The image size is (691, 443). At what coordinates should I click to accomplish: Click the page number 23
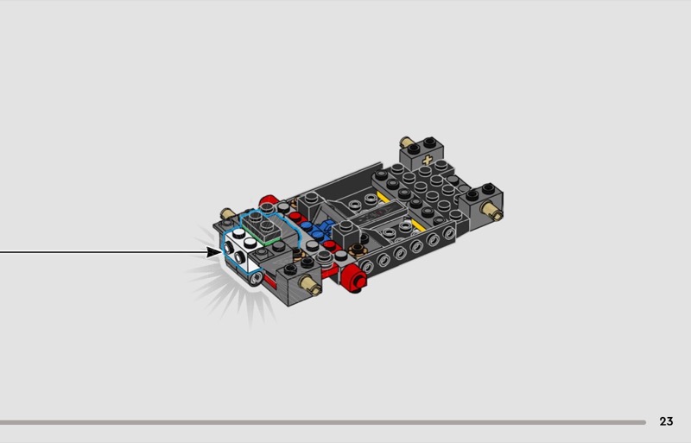tap(666, 421)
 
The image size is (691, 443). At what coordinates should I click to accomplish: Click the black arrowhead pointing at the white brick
tap(213, 252)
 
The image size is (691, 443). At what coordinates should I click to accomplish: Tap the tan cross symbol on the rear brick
tap(427, 160)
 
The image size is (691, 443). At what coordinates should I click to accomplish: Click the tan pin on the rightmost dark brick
tap(492, 210)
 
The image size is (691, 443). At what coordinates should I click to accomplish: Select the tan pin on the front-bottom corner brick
tap(309, 285)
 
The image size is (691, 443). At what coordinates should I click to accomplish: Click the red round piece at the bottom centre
tap(355, 278)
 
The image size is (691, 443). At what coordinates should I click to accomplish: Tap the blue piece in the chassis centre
tap(317, 231)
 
